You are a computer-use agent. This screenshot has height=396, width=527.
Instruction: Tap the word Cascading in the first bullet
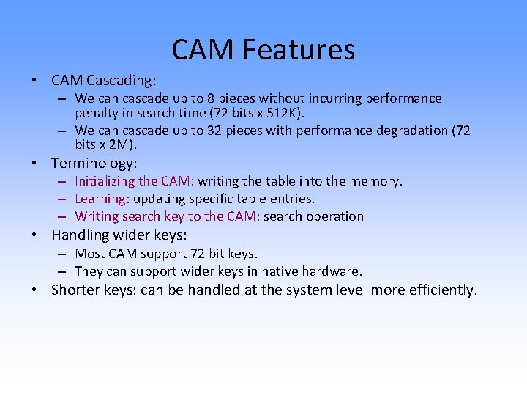124,79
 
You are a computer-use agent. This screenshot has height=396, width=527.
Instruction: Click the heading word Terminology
94,163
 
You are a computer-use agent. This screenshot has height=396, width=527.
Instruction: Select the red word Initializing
105,181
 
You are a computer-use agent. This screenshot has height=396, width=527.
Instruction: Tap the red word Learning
101,199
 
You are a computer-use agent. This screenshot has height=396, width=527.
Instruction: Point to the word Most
90,254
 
